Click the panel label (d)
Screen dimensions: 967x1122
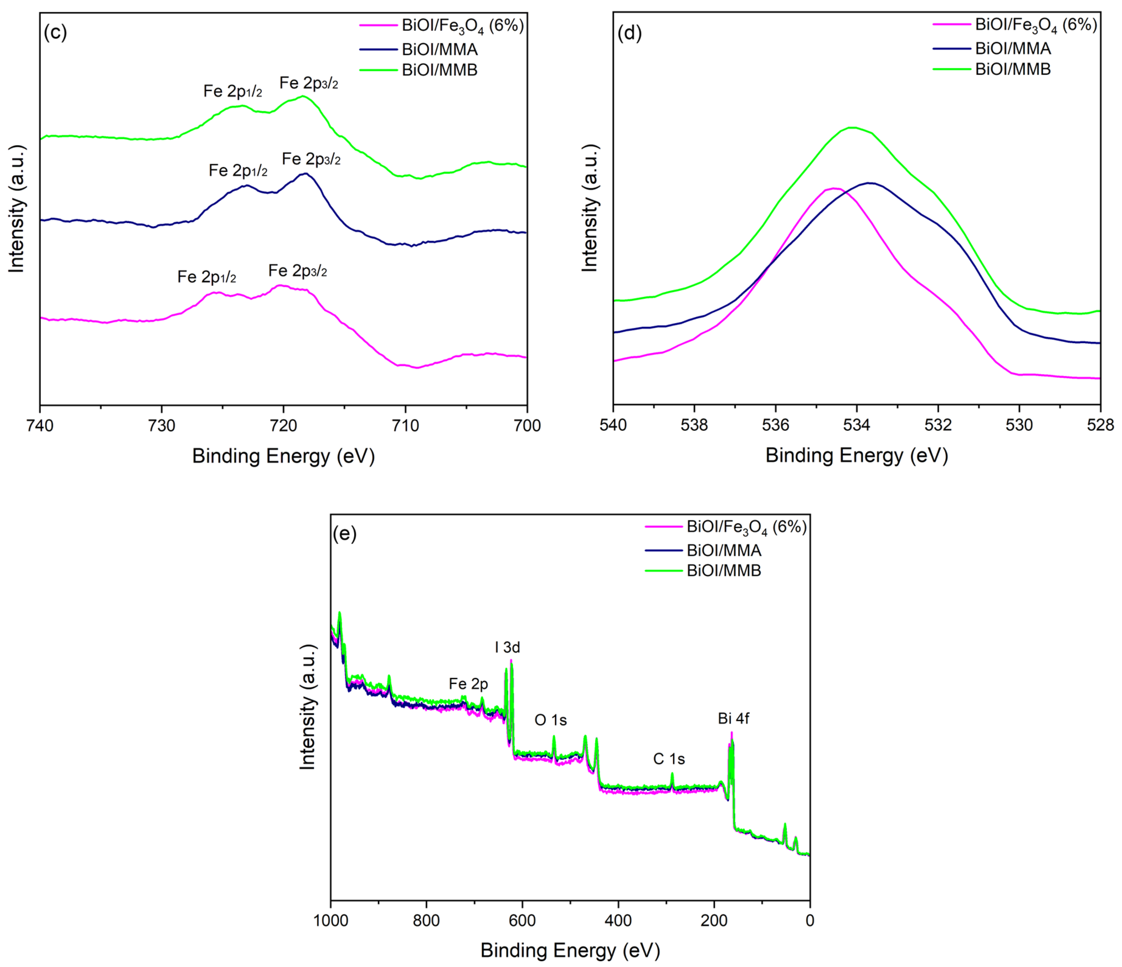(x=629, y=33)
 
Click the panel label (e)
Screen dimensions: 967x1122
(x=345, y=534)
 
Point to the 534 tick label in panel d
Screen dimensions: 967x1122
(x=857, y=425)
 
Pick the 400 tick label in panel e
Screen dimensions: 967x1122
(x=618, y=920)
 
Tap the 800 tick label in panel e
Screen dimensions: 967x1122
(x=426, y=920)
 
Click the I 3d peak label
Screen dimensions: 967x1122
(x=507, y=647)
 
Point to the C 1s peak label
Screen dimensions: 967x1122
(x=669, y=759)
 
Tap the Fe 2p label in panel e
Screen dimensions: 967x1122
(x=468, y=684)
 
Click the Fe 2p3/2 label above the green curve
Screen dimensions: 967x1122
(x=309, y=83)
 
